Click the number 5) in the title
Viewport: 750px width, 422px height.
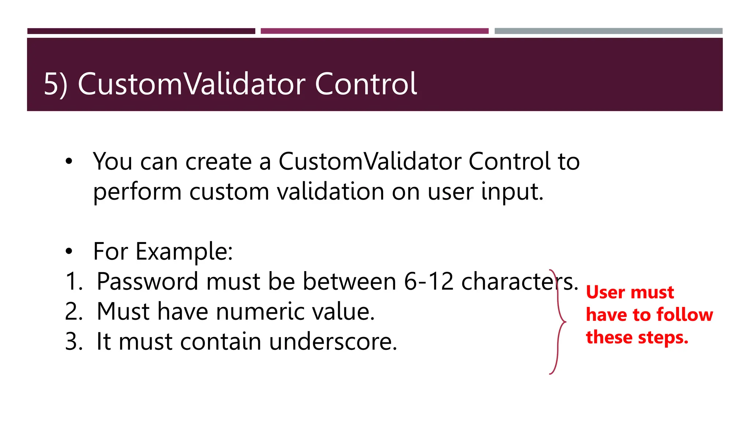pos(55,84)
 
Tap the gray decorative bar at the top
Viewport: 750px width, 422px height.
pos(608,31)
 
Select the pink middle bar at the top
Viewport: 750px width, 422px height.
pos(374,31)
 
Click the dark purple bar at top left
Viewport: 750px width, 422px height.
pos(141,31)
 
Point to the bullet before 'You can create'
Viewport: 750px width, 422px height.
pos(69,162)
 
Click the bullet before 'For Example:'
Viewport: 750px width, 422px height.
pos(69,252)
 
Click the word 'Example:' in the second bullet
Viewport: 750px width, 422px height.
pos(184,252)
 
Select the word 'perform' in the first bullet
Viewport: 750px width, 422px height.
pos(137,192)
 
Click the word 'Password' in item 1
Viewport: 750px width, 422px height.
pos(147,282)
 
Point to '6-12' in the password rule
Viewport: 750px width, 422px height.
pos(429,282)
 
